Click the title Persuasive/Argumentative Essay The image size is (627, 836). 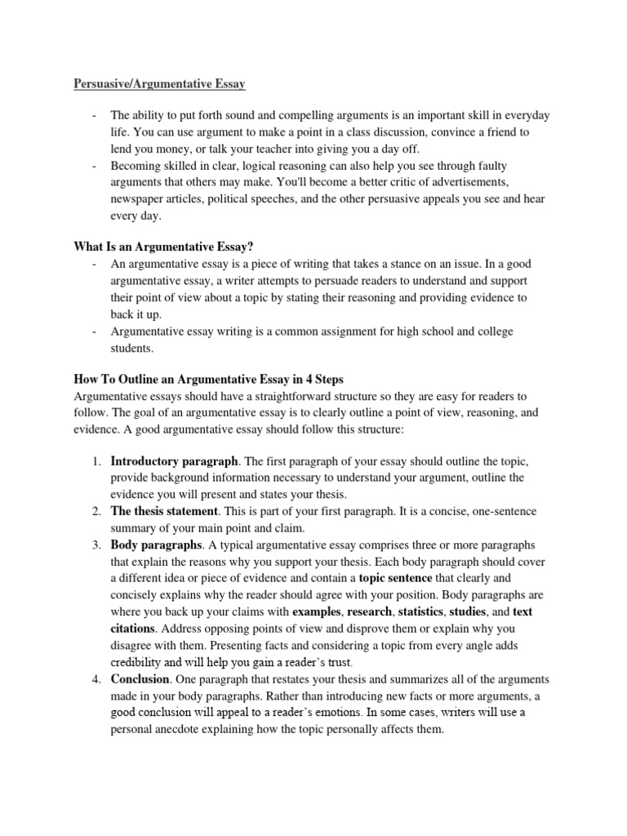160,83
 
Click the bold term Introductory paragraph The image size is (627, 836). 175,461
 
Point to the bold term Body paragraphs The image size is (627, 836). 156,545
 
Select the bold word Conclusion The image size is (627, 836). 140,679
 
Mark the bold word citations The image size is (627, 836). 132,629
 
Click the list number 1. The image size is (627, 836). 96,461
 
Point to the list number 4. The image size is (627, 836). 96,679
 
